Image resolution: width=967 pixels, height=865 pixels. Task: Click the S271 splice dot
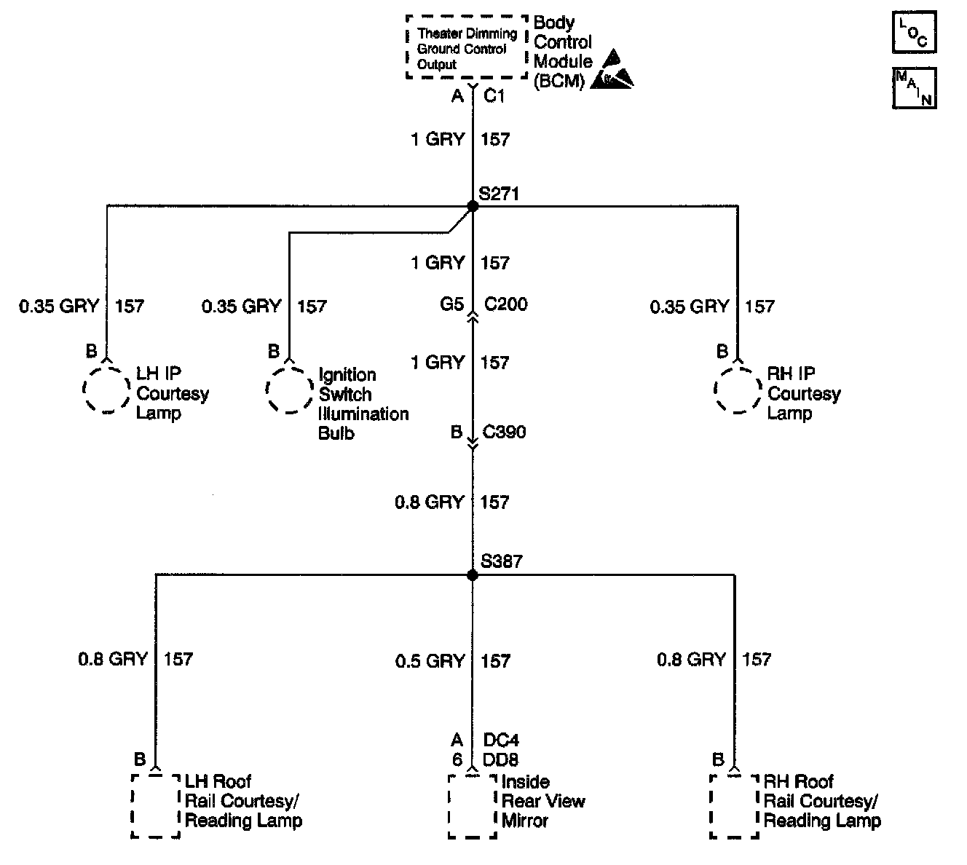(473, 207)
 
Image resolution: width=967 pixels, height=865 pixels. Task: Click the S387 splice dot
(473, 575)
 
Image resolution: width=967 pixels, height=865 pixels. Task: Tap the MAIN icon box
(914, 88)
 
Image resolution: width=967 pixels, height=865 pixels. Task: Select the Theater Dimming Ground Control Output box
(466, 47)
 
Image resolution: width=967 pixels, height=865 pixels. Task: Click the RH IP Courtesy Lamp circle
(738, 390)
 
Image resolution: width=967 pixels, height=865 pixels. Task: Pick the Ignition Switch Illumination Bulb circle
(290, 390)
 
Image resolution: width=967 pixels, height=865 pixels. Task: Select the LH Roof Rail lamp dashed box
(156, 805)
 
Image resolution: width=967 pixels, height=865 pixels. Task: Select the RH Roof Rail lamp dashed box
(734, 805)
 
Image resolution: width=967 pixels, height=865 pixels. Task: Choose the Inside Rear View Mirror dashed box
(473, 805)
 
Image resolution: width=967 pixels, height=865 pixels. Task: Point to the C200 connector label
(505, 304)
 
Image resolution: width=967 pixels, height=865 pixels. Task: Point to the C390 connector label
(504, 432)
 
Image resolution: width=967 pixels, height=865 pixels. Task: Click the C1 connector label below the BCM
(494, 96)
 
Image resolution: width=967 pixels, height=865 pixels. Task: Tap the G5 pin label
(451, 304)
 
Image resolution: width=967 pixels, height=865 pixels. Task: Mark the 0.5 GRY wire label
(430, 661)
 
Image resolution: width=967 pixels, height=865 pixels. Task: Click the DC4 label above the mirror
(501, 740)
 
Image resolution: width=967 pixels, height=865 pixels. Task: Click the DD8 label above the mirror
(501, 760)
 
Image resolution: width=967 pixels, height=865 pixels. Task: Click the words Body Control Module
(562, 51)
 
